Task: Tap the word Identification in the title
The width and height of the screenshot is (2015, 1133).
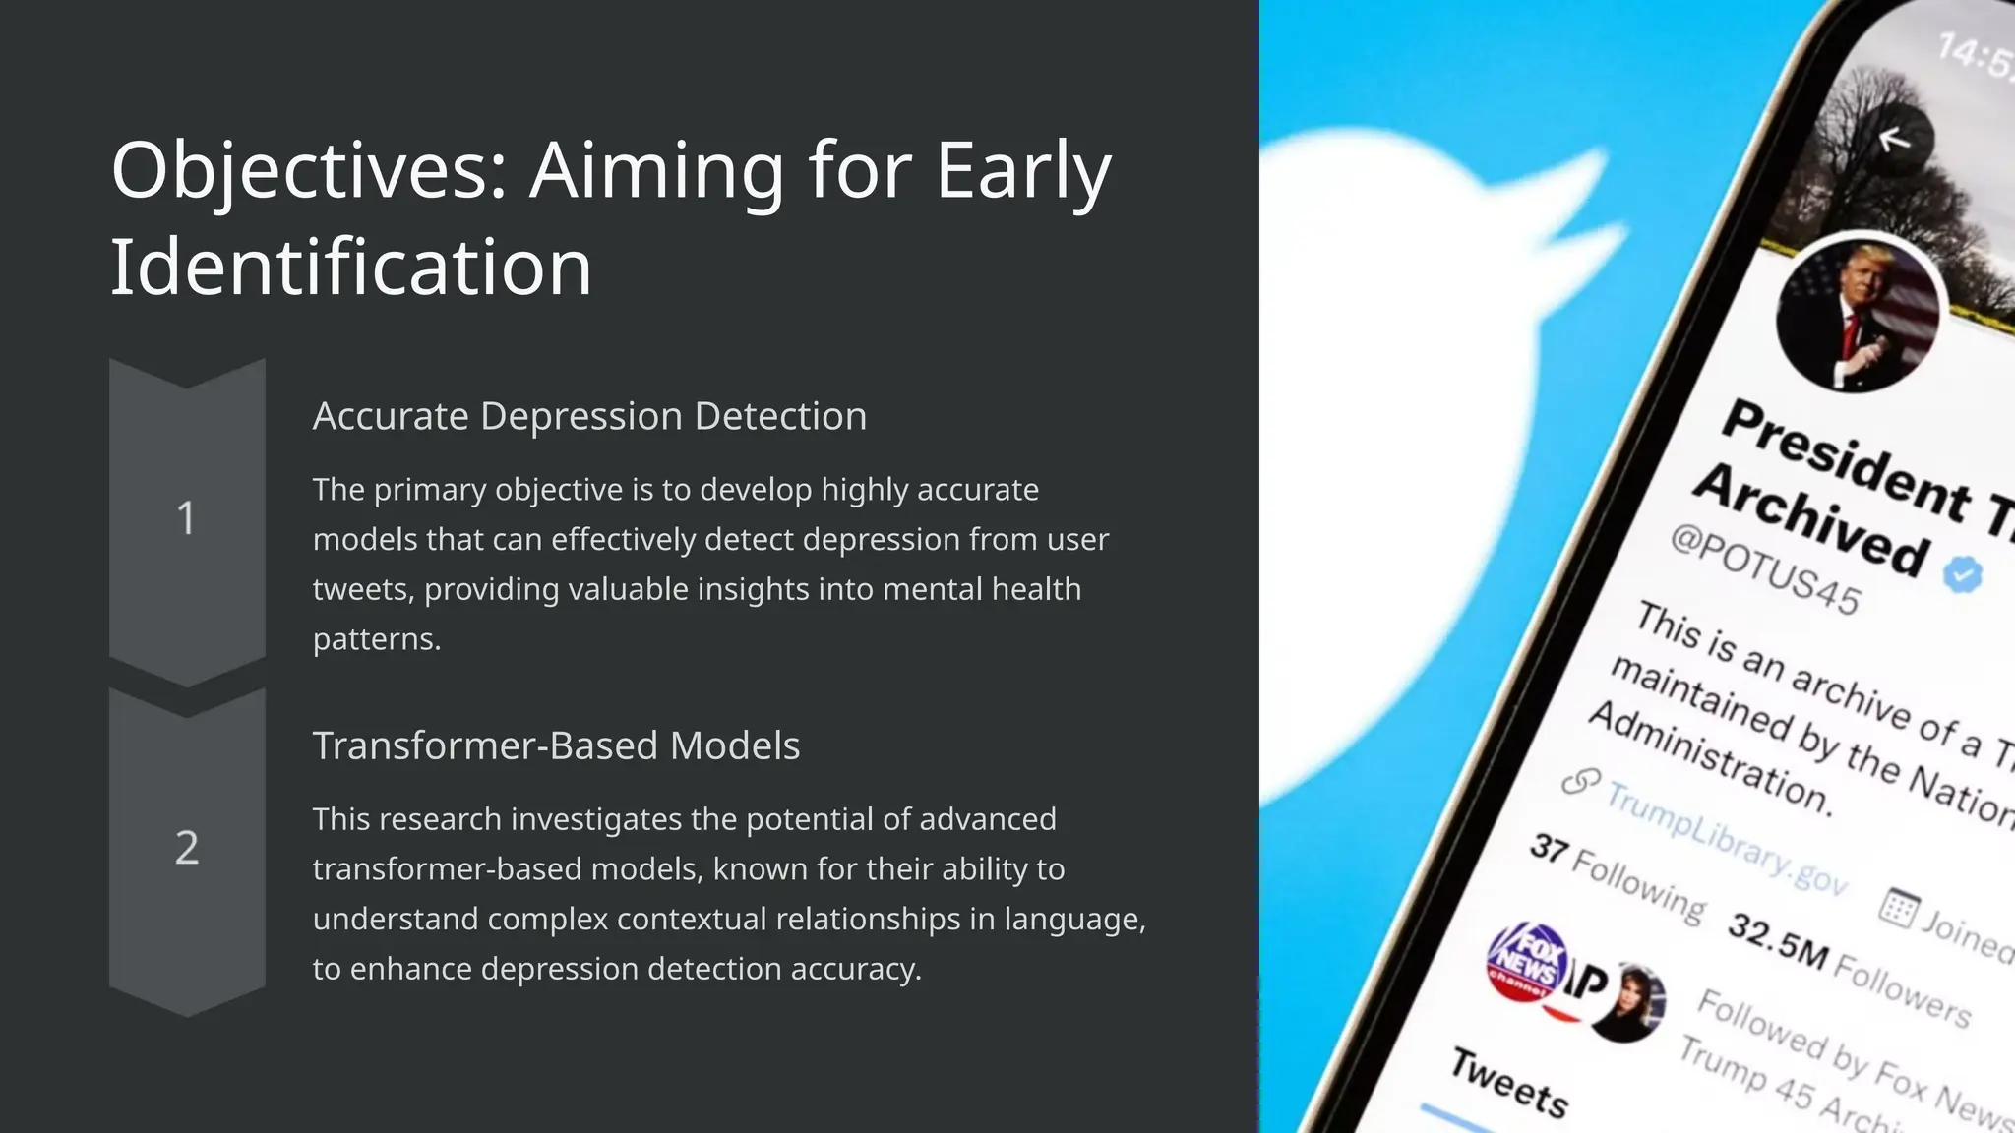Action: [351, 268]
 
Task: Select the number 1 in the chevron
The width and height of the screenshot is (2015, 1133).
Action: [186, 518]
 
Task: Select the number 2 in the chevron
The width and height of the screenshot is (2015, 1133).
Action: [187, 848]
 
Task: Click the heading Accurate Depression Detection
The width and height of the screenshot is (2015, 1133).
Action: [589, 416]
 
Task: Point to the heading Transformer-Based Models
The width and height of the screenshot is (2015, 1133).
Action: [556, 745]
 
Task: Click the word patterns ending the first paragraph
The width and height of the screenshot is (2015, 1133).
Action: [376, 639]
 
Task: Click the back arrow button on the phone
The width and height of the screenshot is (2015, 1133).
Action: [1894, 141]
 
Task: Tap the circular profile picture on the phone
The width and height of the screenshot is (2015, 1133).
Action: [1858, 315]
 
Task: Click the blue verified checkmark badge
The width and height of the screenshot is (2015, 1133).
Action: [1962, 573]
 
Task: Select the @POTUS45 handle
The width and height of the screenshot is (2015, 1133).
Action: [1765, 569]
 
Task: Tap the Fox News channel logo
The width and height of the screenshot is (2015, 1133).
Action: [1526, 960]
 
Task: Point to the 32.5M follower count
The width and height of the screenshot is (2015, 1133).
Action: [1778, 941]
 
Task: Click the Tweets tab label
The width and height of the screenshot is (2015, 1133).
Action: [1509, 1083]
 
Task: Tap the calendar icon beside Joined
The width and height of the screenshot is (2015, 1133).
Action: [1898, 907]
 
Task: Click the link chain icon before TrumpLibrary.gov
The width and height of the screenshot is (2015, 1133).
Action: [1581, 781]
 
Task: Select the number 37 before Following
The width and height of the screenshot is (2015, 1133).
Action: [1549, 847]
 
